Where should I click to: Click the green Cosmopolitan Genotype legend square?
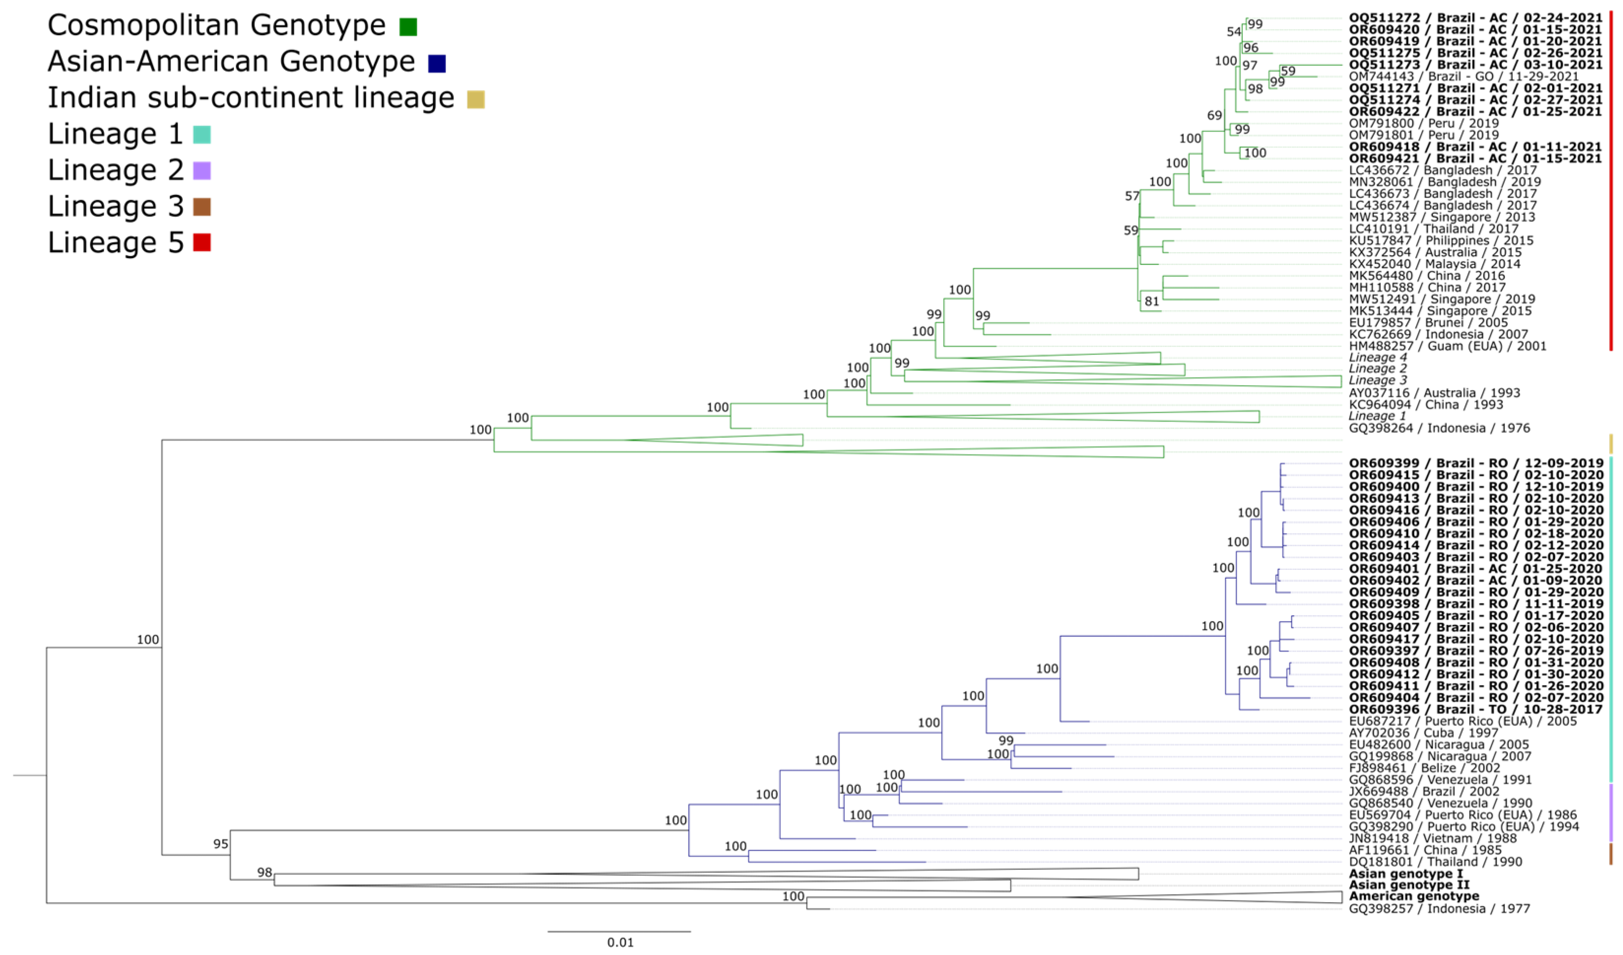[x=408, y=27]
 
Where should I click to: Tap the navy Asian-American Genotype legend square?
[x=437, y=63]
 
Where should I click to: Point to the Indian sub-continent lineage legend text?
[x=251, y=98]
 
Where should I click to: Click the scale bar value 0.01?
[x=620, y=942]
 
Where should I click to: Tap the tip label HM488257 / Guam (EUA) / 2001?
[x=1447, y=346]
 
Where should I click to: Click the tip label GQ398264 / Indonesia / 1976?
[x=1439, y=428]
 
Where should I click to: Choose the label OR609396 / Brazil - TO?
[x=1475, y=710]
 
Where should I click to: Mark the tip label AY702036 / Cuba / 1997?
[x=1424, y=733]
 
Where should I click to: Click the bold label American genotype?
[x=1414, y=896]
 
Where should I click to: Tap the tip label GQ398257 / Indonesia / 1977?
[x=1439, y=909]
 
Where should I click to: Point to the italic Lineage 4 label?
[x=1378, y=358]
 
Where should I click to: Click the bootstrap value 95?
[x=220, y=844]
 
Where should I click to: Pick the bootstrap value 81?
[x=1152, y=301]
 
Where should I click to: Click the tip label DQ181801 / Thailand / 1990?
[x=1435, y=861]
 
